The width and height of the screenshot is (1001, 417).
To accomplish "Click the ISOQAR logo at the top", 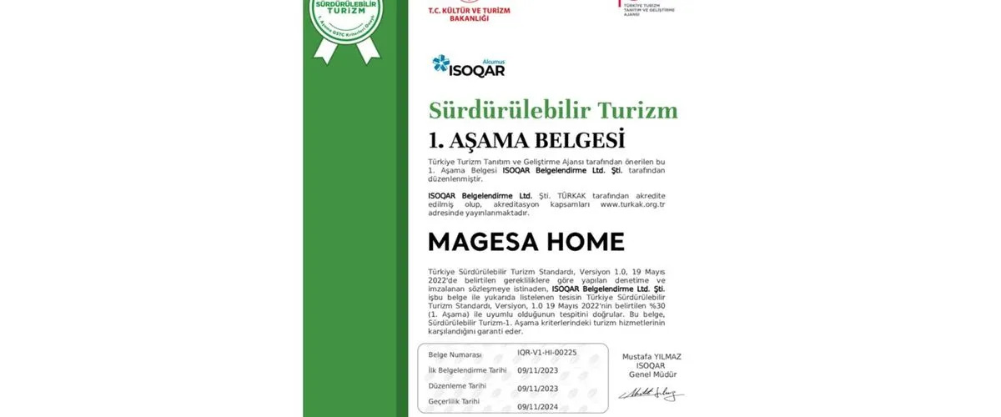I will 468,65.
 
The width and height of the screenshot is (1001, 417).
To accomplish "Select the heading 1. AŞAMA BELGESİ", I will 526,138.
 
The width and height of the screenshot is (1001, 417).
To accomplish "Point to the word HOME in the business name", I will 586,242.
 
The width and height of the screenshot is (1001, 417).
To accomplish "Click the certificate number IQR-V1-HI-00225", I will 546,353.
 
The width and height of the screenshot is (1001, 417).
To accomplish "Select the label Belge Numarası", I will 455,354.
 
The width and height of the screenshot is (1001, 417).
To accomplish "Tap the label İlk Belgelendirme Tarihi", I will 467,370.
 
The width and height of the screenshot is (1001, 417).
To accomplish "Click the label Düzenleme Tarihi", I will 458,386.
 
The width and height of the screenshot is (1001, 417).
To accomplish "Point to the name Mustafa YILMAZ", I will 651,356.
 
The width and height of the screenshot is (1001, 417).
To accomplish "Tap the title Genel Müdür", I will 651,374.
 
